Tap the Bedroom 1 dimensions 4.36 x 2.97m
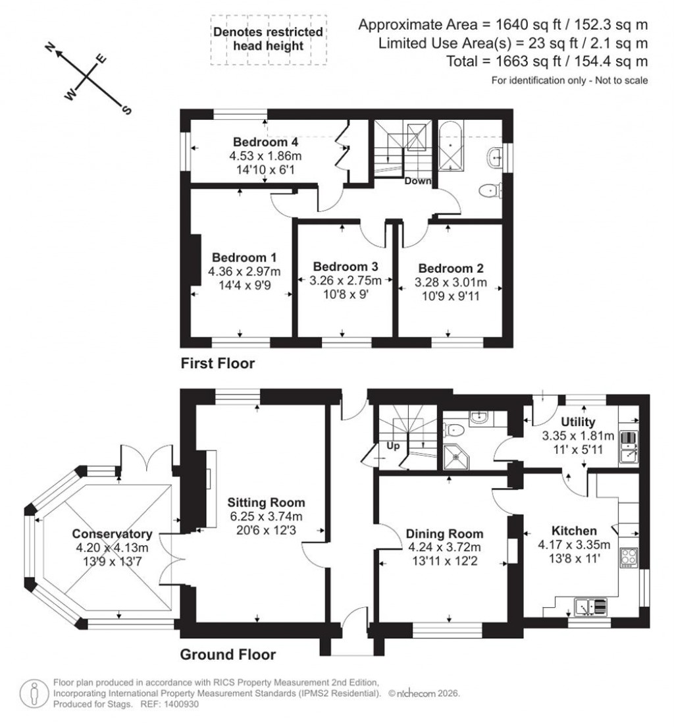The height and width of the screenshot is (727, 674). click(244, 271)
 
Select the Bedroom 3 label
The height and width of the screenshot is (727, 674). click(345, 267)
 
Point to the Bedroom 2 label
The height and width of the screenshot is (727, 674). click(451, 268)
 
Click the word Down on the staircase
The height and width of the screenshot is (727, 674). click(418, 180)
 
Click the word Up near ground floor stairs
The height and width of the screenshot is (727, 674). click(394, 446)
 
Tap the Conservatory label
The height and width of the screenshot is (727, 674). click(112, 534)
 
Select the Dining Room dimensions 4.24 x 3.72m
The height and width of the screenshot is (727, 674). click(444, 547)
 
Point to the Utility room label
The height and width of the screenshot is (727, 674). click(578, 421)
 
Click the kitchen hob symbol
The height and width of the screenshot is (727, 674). click(628, 557)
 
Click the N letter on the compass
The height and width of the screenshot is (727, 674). click(49, 47)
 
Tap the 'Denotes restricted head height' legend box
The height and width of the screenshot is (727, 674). click(268, 39)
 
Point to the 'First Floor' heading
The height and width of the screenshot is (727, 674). click(217, 363)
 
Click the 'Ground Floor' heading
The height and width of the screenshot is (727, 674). click(228, 655)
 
